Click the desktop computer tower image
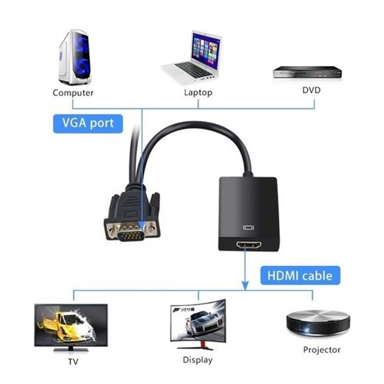[x=75, y=58]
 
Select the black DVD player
[x=307, y=72]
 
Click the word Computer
[x=73, y=93]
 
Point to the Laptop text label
[x=198, y=92]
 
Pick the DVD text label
[x=311, y=90]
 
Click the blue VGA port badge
[x=88, y=124]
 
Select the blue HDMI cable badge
[x=300, y=275]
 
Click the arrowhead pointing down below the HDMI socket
[x=245, y=285]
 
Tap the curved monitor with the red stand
[x=198, y=323]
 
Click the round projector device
[x=318, y=323]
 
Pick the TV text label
[x=73, y=362]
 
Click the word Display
[x=198, y=360]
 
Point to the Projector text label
[x=322, y=350]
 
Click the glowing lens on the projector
[x=307, y=330]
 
